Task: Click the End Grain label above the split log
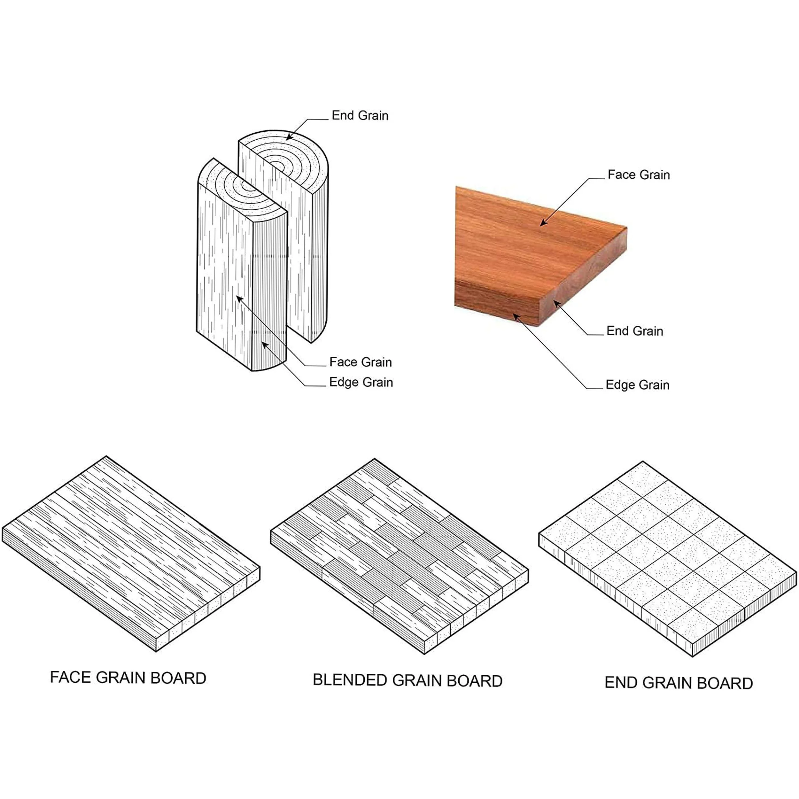tap(360, 115)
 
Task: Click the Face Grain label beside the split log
tap(360, 362)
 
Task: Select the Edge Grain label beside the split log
tap(361, 382)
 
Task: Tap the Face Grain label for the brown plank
tap(639, 175)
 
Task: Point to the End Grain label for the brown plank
tap(634, 331)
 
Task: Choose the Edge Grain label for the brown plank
tap(637, 384)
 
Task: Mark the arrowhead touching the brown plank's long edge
tap(516, 317)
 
